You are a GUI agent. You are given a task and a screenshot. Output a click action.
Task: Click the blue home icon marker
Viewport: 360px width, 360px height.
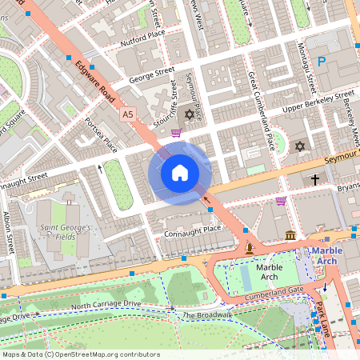point(180,172)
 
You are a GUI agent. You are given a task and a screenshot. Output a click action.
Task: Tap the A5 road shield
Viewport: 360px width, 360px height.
point(127,115)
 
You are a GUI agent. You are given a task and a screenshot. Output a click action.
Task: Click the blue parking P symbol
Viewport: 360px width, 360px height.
point(322,61)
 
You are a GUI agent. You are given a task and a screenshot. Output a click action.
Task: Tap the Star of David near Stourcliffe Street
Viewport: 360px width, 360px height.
point(190,114)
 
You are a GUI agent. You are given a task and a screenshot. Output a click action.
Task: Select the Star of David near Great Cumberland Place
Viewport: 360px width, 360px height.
point(300,146)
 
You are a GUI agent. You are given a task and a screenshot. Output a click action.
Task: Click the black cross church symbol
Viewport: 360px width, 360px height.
point(315,181)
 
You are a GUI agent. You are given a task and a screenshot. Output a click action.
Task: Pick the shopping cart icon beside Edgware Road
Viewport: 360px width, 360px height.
point(175,134)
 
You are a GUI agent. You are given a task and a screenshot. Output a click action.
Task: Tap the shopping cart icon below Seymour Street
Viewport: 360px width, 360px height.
point(281,201)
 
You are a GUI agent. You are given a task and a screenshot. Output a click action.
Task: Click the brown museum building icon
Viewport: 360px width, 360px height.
point(289,234)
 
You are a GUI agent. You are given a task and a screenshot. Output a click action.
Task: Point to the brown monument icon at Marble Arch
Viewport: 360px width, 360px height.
point(250,249)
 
